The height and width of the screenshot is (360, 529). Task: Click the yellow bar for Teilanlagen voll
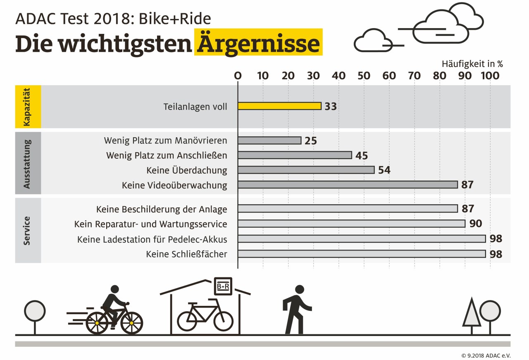pyautogui.click(x=279, y=106)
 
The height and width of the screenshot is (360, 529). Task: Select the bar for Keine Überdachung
pyautogui.click(x=306, y=170)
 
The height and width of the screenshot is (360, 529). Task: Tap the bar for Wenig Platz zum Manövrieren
pyautogui.click(x=269, y=141)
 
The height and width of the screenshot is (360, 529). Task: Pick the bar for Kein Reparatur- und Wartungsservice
pyautogui.click(x=351, y=224)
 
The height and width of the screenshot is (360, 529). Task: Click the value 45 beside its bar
pyautogui.click(x=361, y=155)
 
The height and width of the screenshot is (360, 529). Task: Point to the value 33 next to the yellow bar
pyautogui.click(x=331, y=106)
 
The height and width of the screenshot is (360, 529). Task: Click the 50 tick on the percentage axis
pyautogui.click(x=364, y=76)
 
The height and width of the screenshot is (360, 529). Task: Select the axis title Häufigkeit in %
pyautogui.click(x=472, y=64)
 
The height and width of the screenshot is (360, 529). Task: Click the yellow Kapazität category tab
pyautogui.click(x=28, y=107)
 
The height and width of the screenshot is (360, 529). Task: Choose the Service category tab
pyautogui.click(x=28, y=230)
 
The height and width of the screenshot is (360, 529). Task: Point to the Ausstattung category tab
pyautogui.click(x=28, y=163)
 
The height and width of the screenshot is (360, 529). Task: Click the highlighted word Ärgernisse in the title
pyautogui.click(x=258, y=43)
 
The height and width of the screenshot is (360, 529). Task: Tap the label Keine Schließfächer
pyautogui.click(x=186, y=254)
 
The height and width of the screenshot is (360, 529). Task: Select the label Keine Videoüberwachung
pyautogui.click(x=174, y=185)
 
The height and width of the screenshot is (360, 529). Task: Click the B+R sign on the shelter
pyautogui.click(x=223, y=286)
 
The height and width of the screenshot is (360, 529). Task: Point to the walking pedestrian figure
pyautogui.click(x=296, y=309)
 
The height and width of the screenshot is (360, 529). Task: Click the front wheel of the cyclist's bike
pyautogui.click(x=132, y=323)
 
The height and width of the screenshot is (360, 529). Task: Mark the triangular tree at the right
pyautogui.click(x=472, y=313)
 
